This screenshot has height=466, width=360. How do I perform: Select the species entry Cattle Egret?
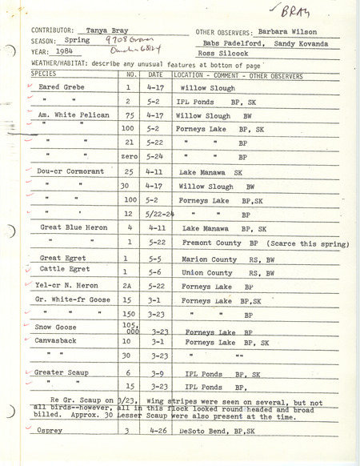tap(62, 271)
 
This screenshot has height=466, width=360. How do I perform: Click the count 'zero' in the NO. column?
tap(124, 157)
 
